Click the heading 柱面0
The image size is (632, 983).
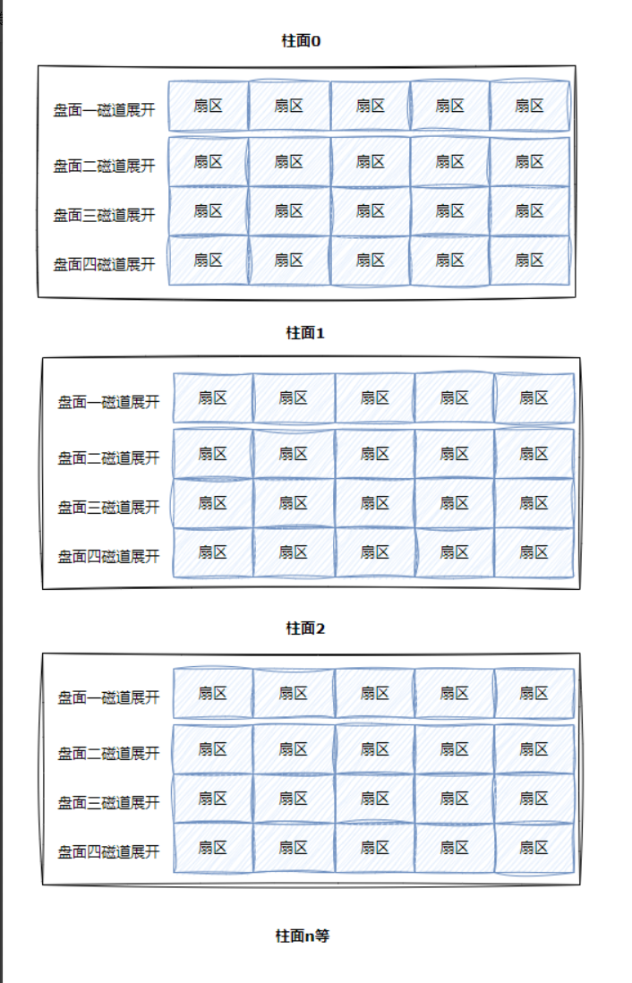tap(301, 39)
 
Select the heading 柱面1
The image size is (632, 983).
tap(305, 333)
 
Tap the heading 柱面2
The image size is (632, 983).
tap(305, 628)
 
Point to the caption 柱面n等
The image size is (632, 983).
tap(303, 936)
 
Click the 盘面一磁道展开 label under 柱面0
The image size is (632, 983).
tap(104, 111)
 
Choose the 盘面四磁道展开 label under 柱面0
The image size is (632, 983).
tap(104, 265)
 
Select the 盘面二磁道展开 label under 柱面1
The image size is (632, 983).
tap(108, 458)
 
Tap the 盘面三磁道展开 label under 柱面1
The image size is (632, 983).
tap(108, 508)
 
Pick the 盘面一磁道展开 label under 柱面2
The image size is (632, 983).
tap(108, 697)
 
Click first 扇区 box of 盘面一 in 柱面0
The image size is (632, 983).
tap(208, 107)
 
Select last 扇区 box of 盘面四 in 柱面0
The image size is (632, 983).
tap(529, 261)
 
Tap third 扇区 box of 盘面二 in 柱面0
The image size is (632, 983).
tap(370, 162)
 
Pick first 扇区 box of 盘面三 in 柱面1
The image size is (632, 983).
tap(212, 503)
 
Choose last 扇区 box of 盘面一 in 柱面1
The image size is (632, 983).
tap(534, 398)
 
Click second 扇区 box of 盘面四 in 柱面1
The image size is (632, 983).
tap(293, 552)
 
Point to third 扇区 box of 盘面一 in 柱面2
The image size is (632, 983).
tap(374, 693)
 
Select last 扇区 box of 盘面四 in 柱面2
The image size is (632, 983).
tap(534, 848)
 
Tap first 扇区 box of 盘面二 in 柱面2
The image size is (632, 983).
tap(212, 749)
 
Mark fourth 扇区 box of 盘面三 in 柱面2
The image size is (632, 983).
tap(454, 799)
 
